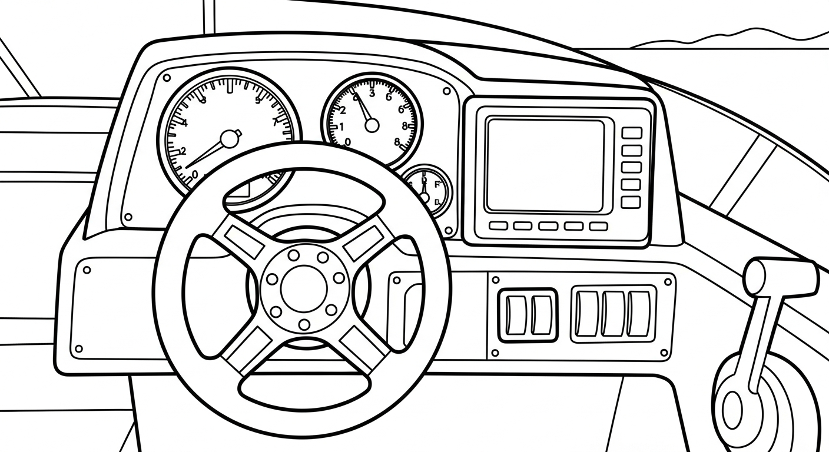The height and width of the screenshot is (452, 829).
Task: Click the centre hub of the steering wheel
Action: point(304,287)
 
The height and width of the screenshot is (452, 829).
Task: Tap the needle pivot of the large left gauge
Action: point(230,139)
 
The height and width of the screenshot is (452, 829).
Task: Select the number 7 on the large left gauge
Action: point(275,122)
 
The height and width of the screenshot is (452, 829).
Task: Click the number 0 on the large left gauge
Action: point(195,175)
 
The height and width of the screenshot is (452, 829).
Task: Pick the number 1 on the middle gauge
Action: point(341,127)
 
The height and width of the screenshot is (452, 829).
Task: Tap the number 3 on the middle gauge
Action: point(372,92)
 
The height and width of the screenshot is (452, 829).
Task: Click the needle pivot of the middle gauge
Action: point(372,125)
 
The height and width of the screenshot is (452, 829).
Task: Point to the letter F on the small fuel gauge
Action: point(437,184)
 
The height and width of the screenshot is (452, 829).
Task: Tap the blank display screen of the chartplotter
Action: point(545,165)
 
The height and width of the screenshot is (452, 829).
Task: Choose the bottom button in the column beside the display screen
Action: point(631,202)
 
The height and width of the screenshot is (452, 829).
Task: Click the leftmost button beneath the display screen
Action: point(498,226)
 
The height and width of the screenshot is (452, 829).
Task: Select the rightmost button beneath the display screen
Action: point(598,226)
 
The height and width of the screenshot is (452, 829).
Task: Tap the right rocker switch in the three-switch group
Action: point(638,314)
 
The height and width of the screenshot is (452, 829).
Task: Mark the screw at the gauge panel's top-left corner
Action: point(167,78)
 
